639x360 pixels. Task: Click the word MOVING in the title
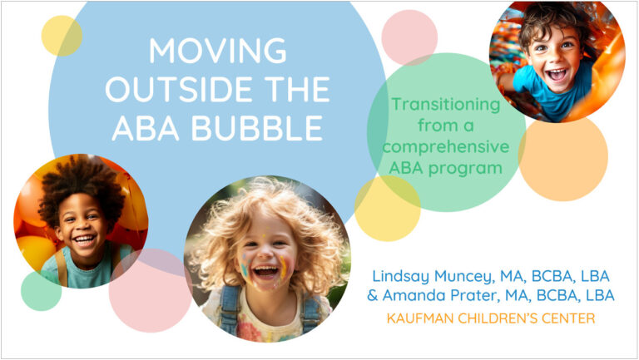pos(218,51)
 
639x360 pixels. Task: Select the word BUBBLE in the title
pos(257,128)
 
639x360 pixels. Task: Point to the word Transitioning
pos(446,105)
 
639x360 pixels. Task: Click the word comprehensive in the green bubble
pos(446,147)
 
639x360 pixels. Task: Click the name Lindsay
pos(400,277)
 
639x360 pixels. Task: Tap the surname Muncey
pos(464,277)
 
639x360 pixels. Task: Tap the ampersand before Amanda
pos(373,295)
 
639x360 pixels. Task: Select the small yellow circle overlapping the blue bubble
pos(62,36)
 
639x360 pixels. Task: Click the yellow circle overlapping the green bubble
pos(387,209)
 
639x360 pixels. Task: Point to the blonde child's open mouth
pos(265,271)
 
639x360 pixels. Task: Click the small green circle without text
pos(41,291)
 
